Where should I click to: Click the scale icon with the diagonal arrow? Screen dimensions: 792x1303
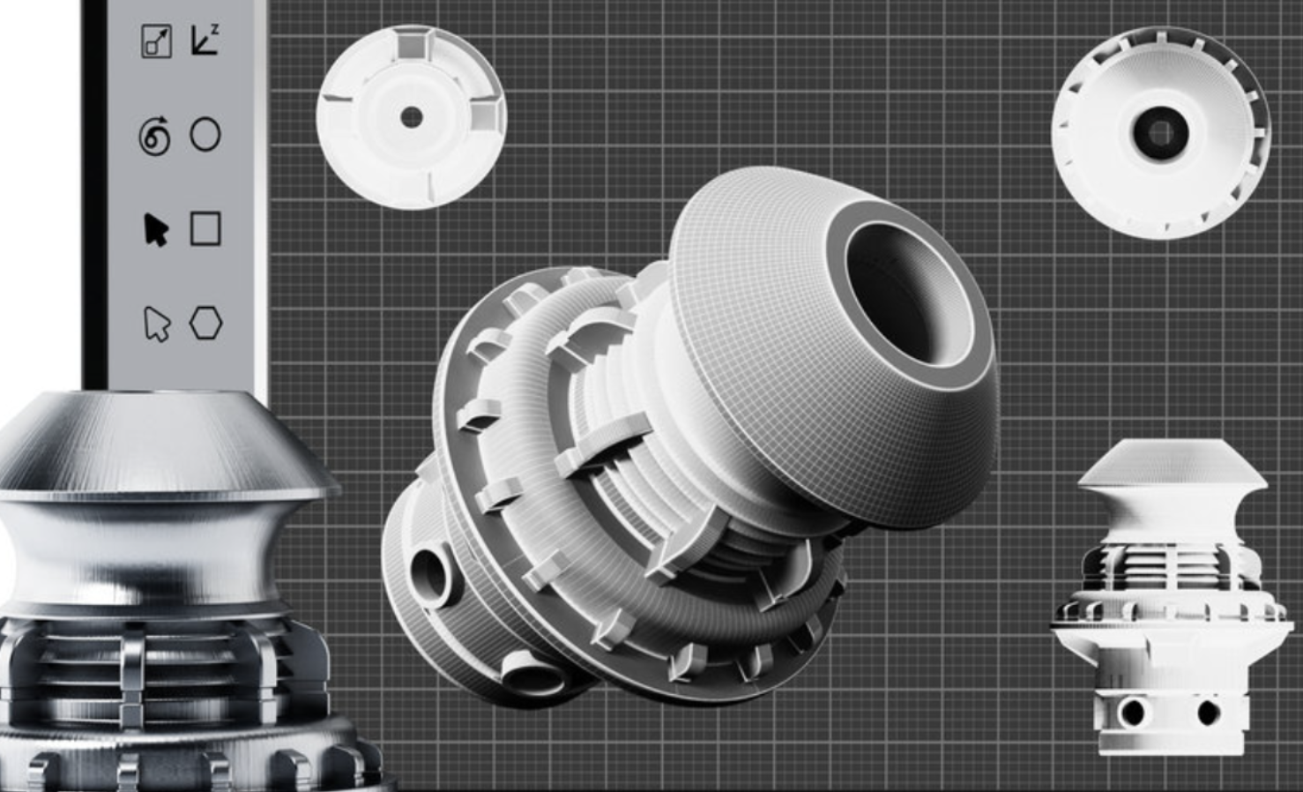point(156,41)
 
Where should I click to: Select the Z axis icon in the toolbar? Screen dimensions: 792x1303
point(205,40)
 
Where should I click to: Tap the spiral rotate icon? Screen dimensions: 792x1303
point(155,137)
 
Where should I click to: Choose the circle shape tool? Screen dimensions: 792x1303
point(205,135)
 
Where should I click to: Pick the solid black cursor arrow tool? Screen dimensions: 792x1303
point(155,229)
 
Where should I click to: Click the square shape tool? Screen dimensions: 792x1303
point(205,228)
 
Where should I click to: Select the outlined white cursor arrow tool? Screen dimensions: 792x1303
point(156,324)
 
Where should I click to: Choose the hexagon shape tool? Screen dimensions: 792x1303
point(205,323)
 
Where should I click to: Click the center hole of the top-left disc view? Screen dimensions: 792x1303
point(411,117)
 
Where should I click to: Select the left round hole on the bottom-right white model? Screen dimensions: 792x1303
point(1131,712)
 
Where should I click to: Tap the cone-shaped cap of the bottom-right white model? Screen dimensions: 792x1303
point(1173,463)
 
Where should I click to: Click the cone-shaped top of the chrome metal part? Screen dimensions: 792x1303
point(168,441)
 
